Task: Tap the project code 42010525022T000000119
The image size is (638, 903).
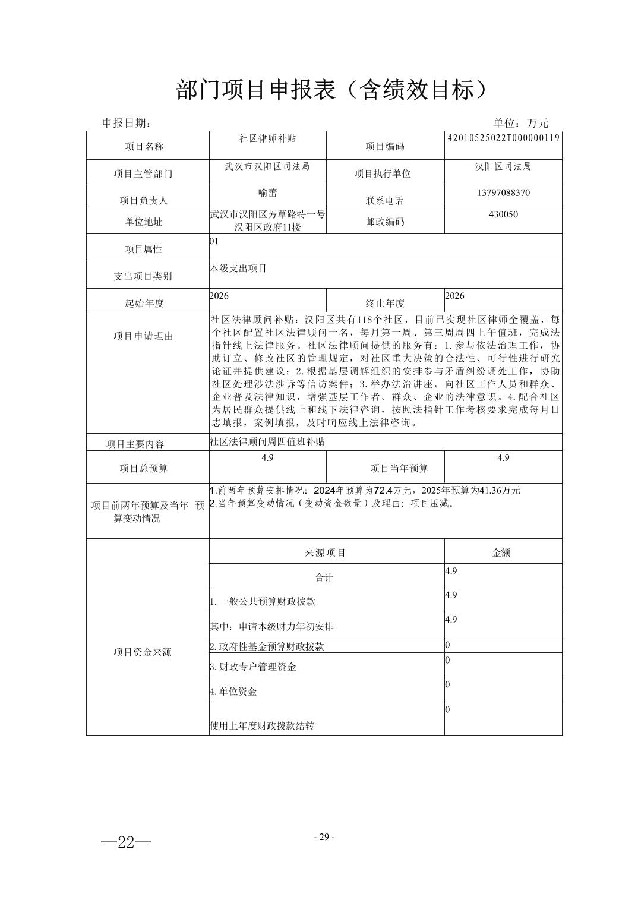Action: tap(503, 138)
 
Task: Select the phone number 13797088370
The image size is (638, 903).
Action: tap(503, 193)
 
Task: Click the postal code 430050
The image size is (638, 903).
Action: tap(503, 214)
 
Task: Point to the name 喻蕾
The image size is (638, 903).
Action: tap(267, 193)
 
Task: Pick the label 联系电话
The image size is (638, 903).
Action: tap(384, 201)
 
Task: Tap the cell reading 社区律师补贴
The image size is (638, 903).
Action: tap(267, 138)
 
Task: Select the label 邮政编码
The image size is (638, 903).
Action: tap(384, 222)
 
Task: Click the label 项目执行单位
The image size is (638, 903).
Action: tap(383, 173)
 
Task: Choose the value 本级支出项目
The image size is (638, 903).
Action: tap(239, 269)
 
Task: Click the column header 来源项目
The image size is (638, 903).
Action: tap(326, 552)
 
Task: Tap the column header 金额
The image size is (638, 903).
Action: tap(501, 552)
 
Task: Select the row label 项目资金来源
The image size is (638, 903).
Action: tap(143, 652)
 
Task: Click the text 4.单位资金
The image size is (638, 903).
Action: tap(233, 692)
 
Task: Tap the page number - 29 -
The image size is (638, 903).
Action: tap(324, 837)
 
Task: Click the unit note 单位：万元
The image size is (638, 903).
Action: tap(520, 123)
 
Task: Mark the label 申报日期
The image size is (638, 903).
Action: tap(127, 123)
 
